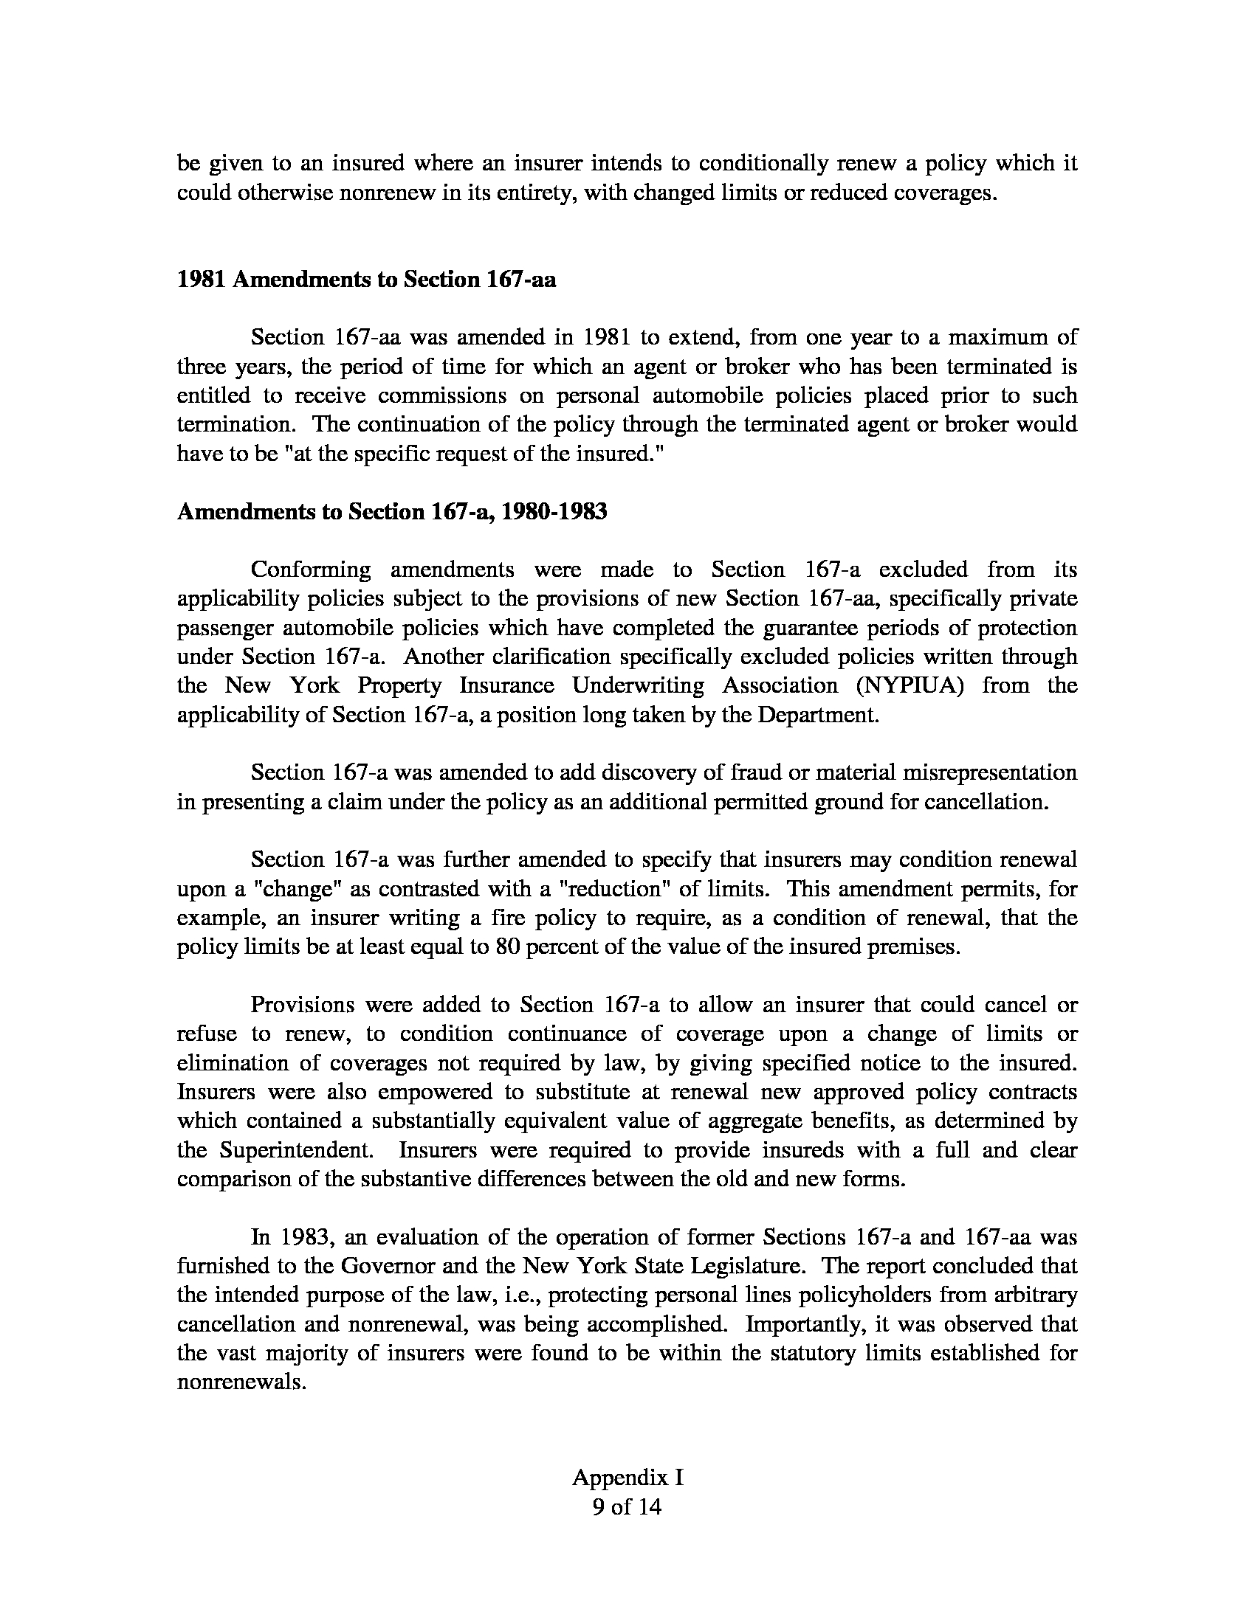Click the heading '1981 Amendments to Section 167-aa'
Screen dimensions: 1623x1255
pos(367,280)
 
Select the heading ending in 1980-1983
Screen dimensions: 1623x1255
pos(392,512)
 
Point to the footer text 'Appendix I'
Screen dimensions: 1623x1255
pos(627,1478)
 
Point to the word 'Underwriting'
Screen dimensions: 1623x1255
pos(638,685)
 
